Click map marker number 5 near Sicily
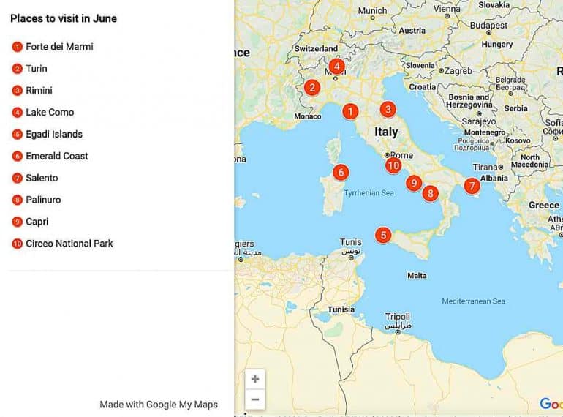pyautogui.click(x=383, y=236)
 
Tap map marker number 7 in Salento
pyautogui.click(x=472, y=186)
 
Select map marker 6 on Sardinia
pyautogui.click(x=340, y=173)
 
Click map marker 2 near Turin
pyautogui.click(x=312, y=88)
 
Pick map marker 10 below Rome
pyautogui.click(x=394, y=165)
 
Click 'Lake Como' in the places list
pyautogui.click(x=50, y=113)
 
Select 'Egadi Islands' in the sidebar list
pyautogui.click(x=54, y=135)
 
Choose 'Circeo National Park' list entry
pyautogui.click(x=69, y=244)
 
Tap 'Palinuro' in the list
pyautogui.click(x=43, y=200)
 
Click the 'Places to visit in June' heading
pyautogui.click(x=64, y=18)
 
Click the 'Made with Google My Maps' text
pyautogui.click(x=159, y=405)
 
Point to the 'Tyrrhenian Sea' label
pyautogui.click(x=369, y=193)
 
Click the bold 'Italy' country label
pyautogui.click(x=386, y=132)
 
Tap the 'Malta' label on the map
pyautogui.click(x=417, y=276)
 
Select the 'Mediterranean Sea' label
pyautogui.click(x=473, y=301)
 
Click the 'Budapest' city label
pyautogui.click(x=489, y=26)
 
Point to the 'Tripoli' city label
pyautogui.click(x=398, y=317)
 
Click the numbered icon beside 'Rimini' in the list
pyautogui.click(x=18, y=91)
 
